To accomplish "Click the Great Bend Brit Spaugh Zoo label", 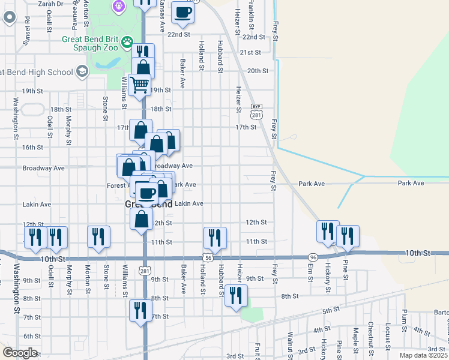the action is tap(91, 42).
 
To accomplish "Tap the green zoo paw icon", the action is tap(127, 42).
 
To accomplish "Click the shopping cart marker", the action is tap(140, 86).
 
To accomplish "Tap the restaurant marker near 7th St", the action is tap(140, 311).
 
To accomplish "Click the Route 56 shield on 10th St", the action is tap(208, 257).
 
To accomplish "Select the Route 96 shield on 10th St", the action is tap(313, 256).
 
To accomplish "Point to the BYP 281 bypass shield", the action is tap(257, 111).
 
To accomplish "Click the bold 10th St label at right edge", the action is tap(418, 253).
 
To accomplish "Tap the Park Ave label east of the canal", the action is tap(411, 183).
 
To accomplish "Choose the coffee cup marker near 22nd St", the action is tap(182, 11).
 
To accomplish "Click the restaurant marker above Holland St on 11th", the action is tap(214, 238).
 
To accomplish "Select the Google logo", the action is tap(20, 353).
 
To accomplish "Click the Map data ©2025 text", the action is tap(423, 355).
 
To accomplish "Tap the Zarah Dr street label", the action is tap(50, 4).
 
